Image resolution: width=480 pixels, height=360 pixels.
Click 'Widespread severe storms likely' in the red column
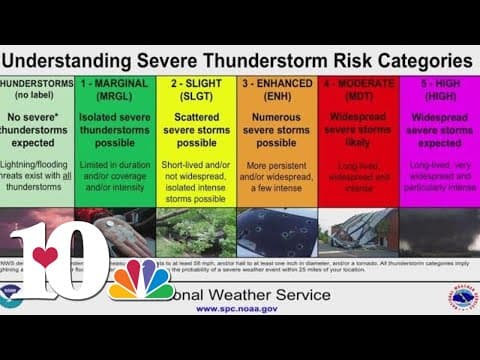[x=358, y=129]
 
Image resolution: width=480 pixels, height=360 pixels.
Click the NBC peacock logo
[x=141, y=283]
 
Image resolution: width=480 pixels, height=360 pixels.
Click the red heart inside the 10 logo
[x=45, y=257]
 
